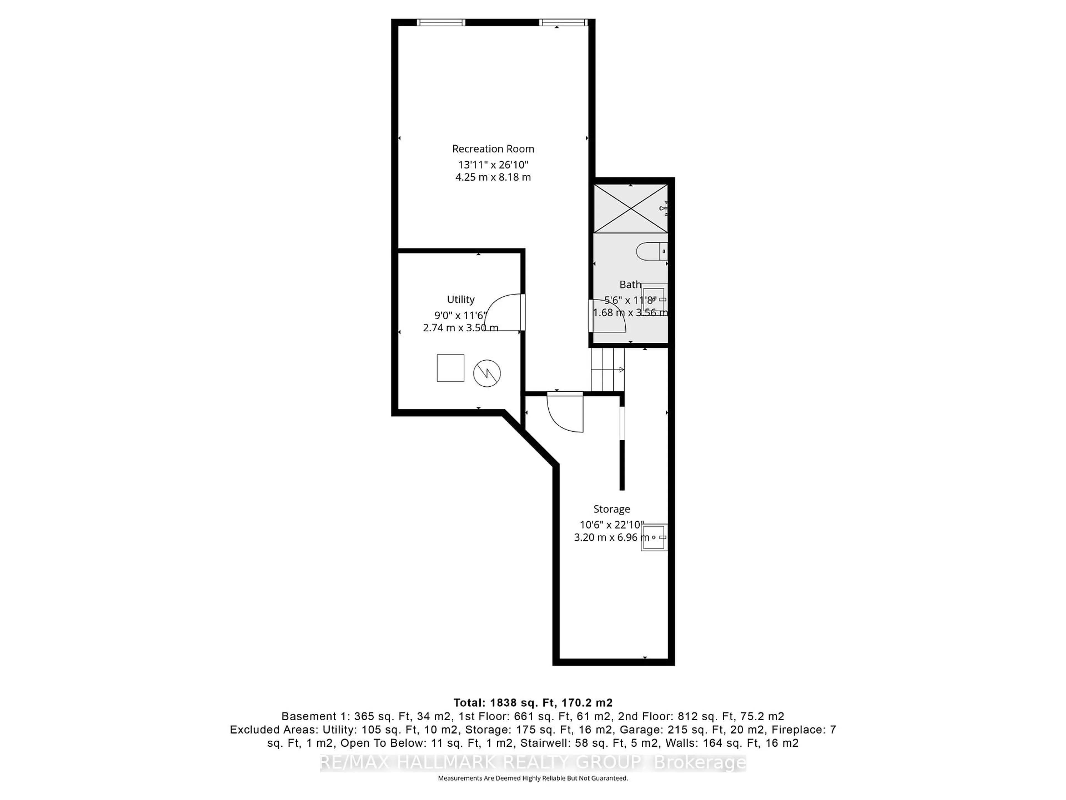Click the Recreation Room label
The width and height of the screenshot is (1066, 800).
[x=493, y=149]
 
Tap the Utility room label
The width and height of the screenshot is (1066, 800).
[x=461, y=299]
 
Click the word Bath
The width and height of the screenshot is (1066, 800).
[x=630, y=284]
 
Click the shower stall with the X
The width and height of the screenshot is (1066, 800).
[x=630, y=209]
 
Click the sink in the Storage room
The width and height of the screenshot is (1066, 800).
[x=654, y=537]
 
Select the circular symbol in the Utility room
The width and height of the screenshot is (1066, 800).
[x=487, y=373]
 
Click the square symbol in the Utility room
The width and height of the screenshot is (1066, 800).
[x=450, y=368]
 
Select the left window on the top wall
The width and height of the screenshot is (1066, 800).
[x=441, y=22]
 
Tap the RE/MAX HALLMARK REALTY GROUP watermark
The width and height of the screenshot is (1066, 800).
[x=532, y=762]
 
